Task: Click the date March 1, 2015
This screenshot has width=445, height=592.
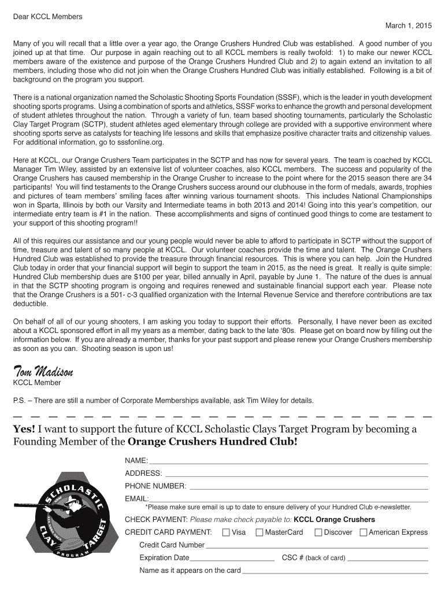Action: [x=409, y=27]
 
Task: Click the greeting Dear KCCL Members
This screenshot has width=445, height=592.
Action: [x=48, y=16]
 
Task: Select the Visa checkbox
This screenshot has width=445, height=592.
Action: [x=226, y=532]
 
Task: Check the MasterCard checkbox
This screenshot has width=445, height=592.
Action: [x=259, y=532]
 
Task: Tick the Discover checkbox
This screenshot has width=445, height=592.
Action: [x=318, y=532]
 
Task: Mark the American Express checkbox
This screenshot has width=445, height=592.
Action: [x=363, y=532]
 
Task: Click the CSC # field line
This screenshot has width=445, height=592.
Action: [x=388, y=560]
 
